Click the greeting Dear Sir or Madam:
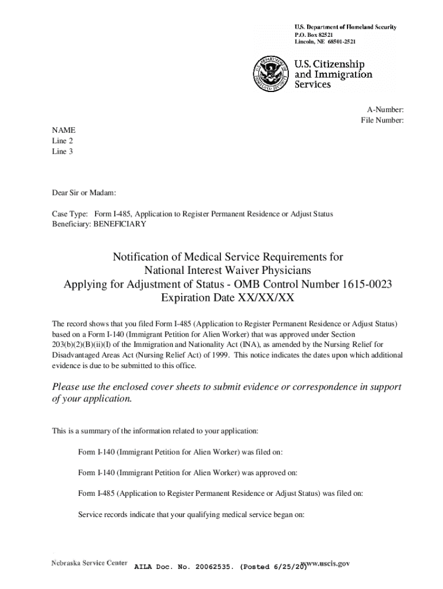[84, 192]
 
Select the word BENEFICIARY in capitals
[120, 224]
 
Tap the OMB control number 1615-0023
[358, 285]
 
